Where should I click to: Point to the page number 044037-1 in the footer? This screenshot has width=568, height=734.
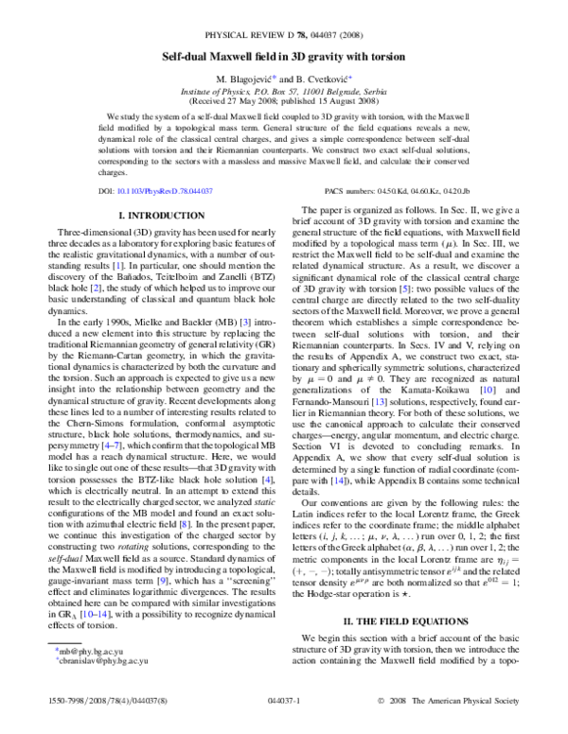pyautogui.click(x=284, y=716)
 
